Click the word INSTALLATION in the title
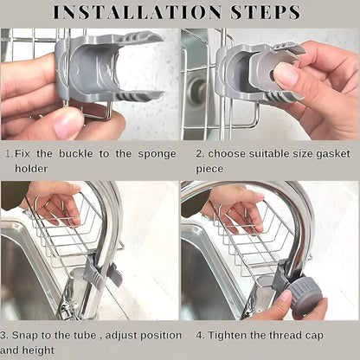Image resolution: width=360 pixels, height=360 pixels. [x=136, y=13]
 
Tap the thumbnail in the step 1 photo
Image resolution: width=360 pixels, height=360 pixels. [x=67, y=124]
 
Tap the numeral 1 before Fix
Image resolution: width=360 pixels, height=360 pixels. [x=7, y=153]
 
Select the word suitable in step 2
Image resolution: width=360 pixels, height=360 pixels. [x=267, y=153]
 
